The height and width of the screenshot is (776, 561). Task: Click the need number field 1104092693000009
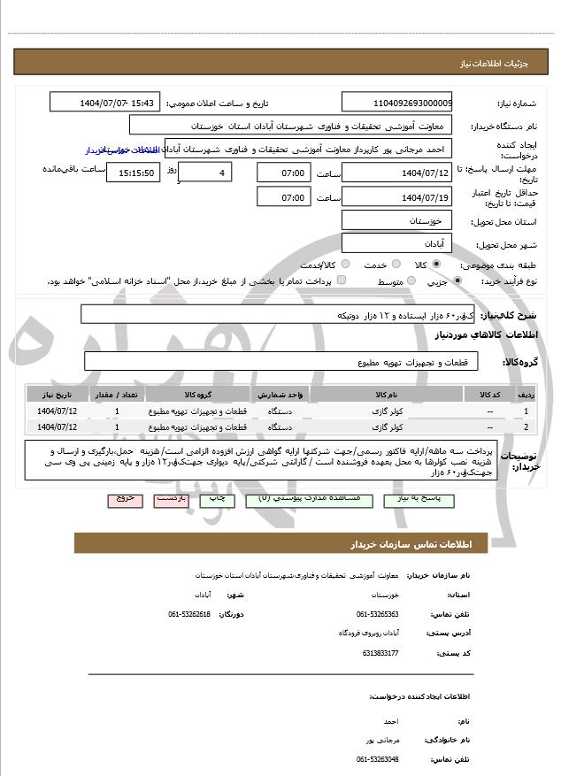(396, 102)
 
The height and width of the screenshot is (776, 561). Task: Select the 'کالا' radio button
(435, 265)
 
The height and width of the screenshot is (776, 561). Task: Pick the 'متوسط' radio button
(409, 281)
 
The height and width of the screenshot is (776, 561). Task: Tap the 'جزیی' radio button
(457, 281)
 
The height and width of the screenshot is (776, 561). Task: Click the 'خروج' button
(124, 499)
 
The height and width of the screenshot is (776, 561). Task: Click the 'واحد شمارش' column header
(283, 394)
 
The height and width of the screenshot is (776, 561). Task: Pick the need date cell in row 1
(58, 411)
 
